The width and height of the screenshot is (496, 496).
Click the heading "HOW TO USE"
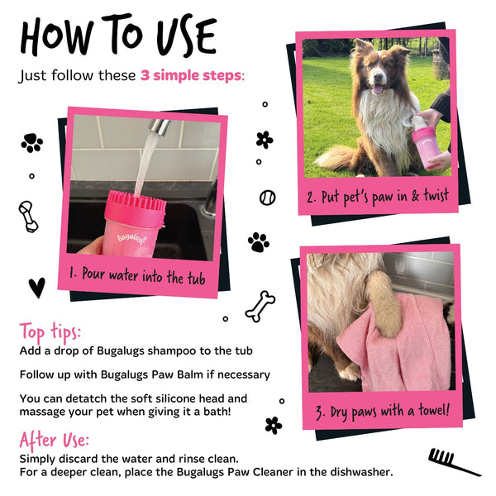118,36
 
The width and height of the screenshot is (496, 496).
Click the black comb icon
453,460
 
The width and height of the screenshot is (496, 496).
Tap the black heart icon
36,287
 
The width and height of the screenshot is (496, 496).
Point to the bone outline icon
260,305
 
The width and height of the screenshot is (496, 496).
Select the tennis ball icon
267,198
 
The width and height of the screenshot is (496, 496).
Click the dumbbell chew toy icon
28,216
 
